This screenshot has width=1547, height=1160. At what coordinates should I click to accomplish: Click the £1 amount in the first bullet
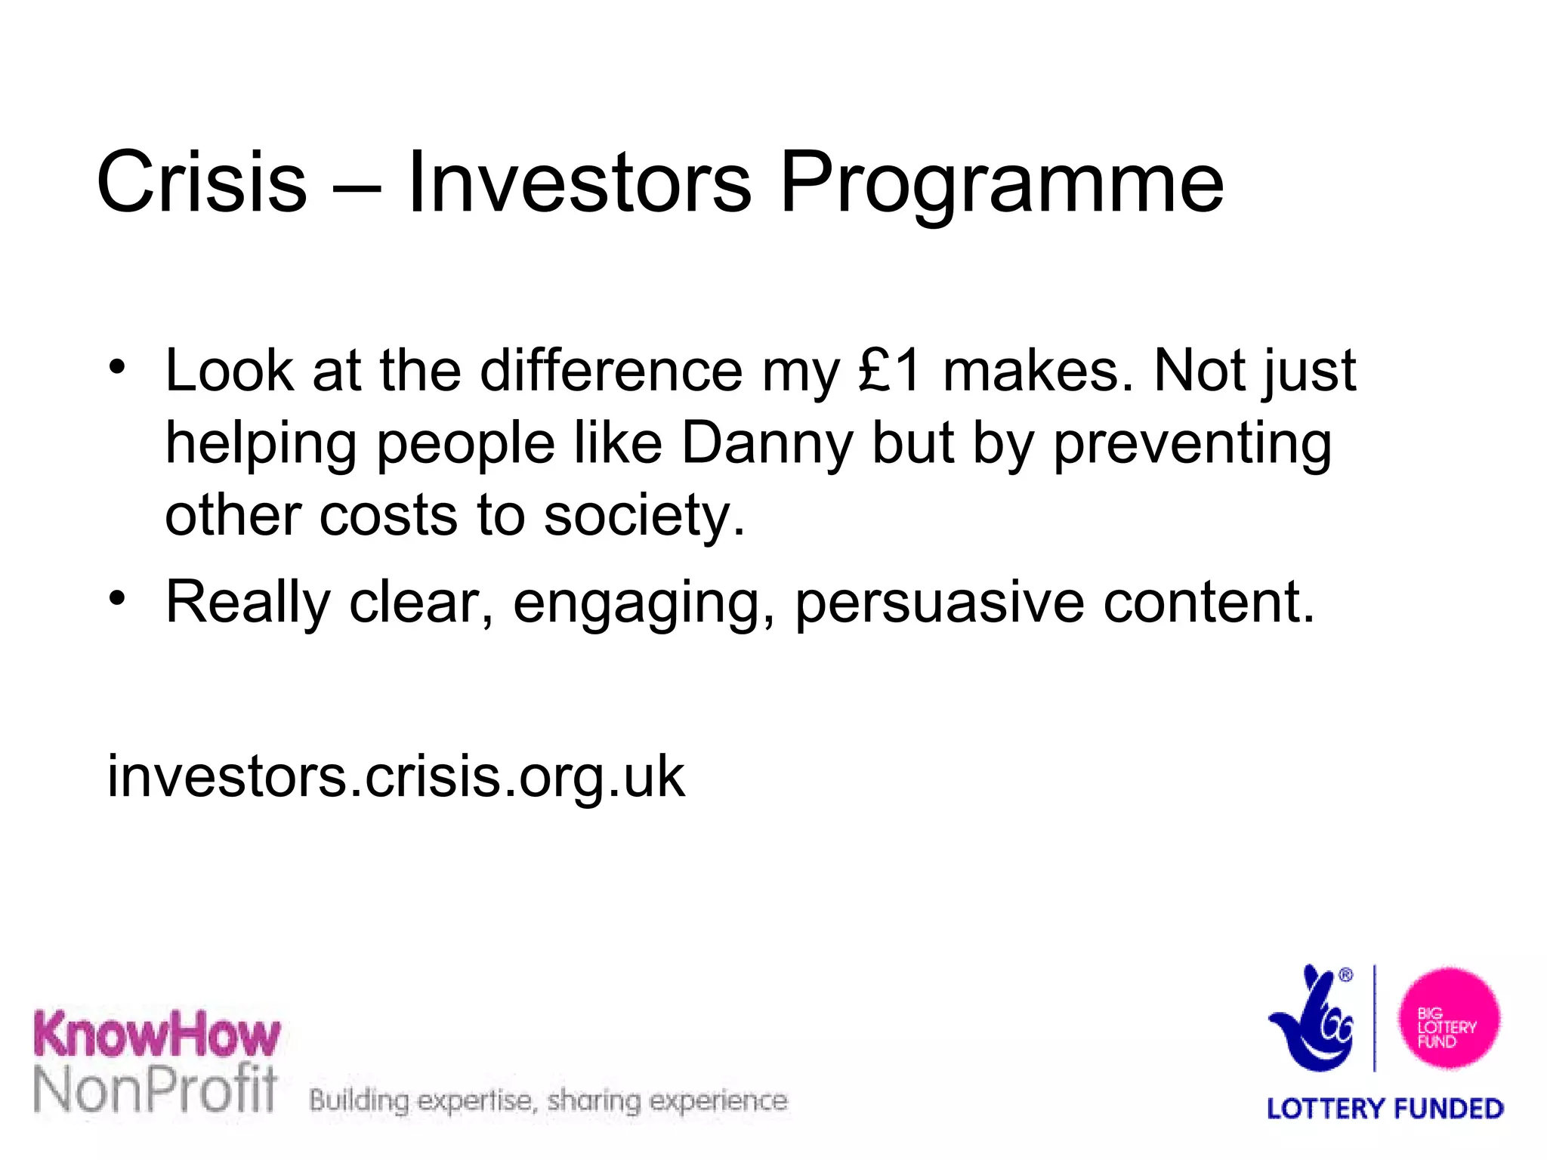pyautogui.click(x=890, y=371)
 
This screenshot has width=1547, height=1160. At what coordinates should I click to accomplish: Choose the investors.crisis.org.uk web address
pyautogui.click(x=396, y=776)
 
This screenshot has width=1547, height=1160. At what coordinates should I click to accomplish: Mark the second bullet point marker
pyautogui.click(x=116, y=599)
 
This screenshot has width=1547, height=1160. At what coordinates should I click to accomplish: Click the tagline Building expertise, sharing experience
pyautogui.click(x=548, y=1100)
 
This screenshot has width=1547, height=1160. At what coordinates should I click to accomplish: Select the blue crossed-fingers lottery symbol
pyautogui.click(x=1313, y=1020)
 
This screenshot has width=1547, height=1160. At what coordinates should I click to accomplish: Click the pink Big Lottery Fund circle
pyautogui.click(x=1448, y=1018)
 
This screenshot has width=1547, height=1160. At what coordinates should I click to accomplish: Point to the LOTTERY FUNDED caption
pyautogui.click(x=1385, y=1109)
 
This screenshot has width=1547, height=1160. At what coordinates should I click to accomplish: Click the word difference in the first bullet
pyautogui.click(x=611, y=371)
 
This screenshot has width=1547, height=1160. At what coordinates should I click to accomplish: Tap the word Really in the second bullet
pyautogui.click(x=248, y=603)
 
